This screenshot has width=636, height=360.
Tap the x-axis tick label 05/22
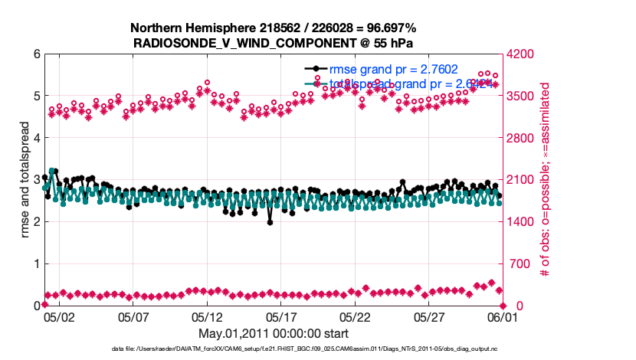[x=356, y=316]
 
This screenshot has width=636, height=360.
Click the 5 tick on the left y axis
[x=37, y=97]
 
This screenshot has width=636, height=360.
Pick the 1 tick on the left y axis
[x=37, y=264]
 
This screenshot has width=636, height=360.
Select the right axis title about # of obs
[x=546, y=180]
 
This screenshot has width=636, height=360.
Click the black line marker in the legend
[x=318, y=69]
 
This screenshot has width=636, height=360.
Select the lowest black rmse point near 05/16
[x=270, y=223]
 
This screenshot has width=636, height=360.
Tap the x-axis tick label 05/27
[x=430, y=316]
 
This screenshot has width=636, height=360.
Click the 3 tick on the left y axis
[x=37, y=181]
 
